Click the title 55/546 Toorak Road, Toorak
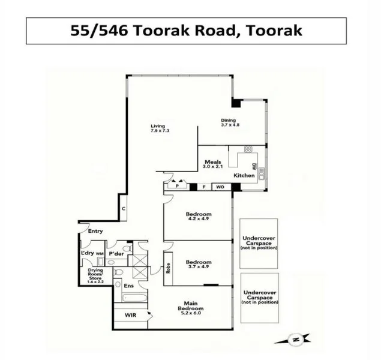(187, 31)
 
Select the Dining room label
(229, 122)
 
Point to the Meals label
(213, 164)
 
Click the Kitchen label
(244, 175)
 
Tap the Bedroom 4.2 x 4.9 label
(198, 217)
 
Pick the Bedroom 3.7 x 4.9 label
(198, 264)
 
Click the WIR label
(131, 314)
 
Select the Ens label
(128, 286)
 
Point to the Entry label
(95, 231)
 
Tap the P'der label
(116, 254)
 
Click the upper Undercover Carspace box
(259, 243)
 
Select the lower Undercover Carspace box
(259, 298)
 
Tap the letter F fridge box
(204, 187)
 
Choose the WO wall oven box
(220, 187)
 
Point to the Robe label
(169, 264)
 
